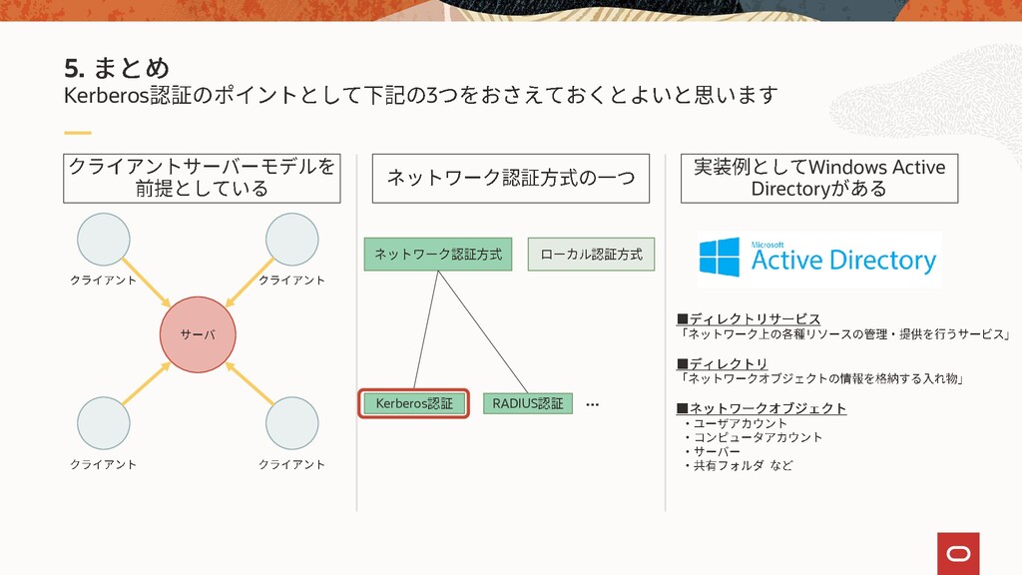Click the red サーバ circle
point(196,334)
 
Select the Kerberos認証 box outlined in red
point(413,403)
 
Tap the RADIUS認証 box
point(527,403)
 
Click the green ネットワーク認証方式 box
point(437,255)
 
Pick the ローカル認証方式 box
point(591,255)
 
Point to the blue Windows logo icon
point(720,258)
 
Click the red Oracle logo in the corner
point(957,552)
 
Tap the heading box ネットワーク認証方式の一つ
point(510,178)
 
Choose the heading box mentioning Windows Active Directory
point(818,177)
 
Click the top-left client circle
point(104,240)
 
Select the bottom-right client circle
point(291,422)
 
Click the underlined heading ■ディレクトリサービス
point(749,318)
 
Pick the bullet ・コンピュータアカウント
point(753,437)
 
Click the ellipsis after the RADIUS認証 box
point(592,404)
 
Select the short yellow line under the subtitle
point(77,132)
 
